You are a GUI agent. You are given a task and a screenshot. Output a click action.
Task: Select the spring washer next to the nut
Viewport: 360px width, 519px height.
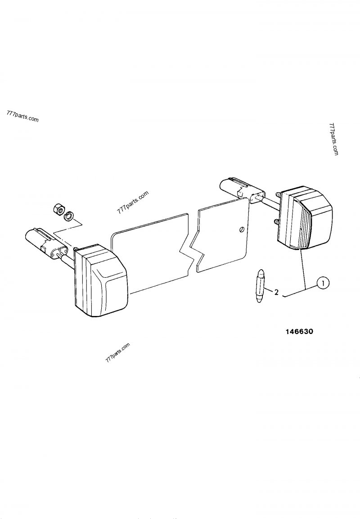pos(69,216)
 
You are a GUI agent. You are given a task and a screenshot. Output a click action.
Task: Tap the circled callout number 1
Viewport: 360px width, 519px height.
pos(323,283)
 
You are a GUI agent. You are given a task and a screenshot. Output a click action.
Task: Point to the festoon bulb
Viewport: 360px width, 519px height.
pos(260,285)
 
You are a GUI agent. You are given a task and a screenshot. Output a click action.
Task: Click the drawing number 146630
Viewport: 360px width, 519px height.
pos(299,331)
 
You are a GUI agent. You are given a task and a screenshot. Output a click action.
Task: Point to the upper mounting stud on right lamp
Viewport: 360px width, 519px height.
pos(278,196)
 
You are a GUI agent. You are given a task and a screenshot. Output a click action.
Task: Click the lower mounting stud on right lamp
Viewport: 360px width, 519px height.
pos(276,221)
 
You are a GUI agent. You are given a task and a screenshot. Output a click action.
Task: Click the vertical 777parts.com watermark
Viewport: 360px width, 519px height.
pos(333,140)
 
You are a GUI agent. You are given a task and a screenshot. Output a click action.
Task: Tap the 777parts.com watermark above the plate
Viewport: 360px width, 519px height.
pos(133,203)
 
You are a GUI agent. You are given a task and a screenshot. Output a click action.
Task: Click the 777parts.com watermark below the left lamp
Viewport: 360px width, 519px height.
pos(117,353)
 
